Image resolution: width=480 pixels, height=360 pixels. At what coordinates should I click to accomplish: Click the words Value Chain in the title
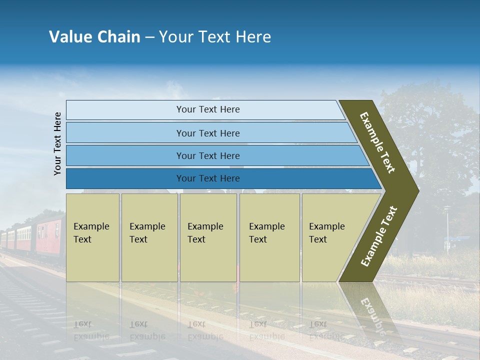coord(94,37)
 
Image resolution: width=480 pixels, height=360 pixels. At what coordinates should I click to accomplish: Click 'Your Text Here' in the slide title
coord(215,37)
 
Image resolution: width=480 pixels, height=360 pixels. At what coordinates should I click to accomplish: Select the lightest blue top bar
coord(125,110)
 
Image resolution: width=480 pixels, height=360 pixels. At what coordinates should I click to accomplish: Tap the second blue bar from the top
coord(125,133)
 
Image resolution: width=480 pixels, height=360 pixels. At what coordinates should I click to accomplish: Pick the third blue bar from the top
coord(125,155)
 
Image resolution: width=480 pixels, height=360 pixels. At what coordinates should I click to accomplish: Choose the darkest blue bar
coord(125,178)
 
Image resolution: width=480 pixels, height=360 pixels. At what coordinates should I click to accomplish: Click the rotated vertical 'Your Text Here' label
coord(57,143)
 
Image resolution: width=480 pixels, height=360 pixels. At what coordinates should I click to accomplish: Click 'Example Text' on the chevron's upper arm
coord(377,142)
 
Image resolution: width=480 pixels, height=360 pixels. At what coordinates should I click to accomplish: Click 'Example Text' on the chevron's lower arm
coord(379,236)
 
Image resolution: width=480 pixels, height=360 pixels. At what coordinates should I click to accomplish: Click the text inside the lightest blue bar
coord(208,109)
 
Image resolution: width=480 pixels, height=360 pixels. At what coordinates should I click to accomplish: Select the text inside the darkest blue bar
coord(208,178)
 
